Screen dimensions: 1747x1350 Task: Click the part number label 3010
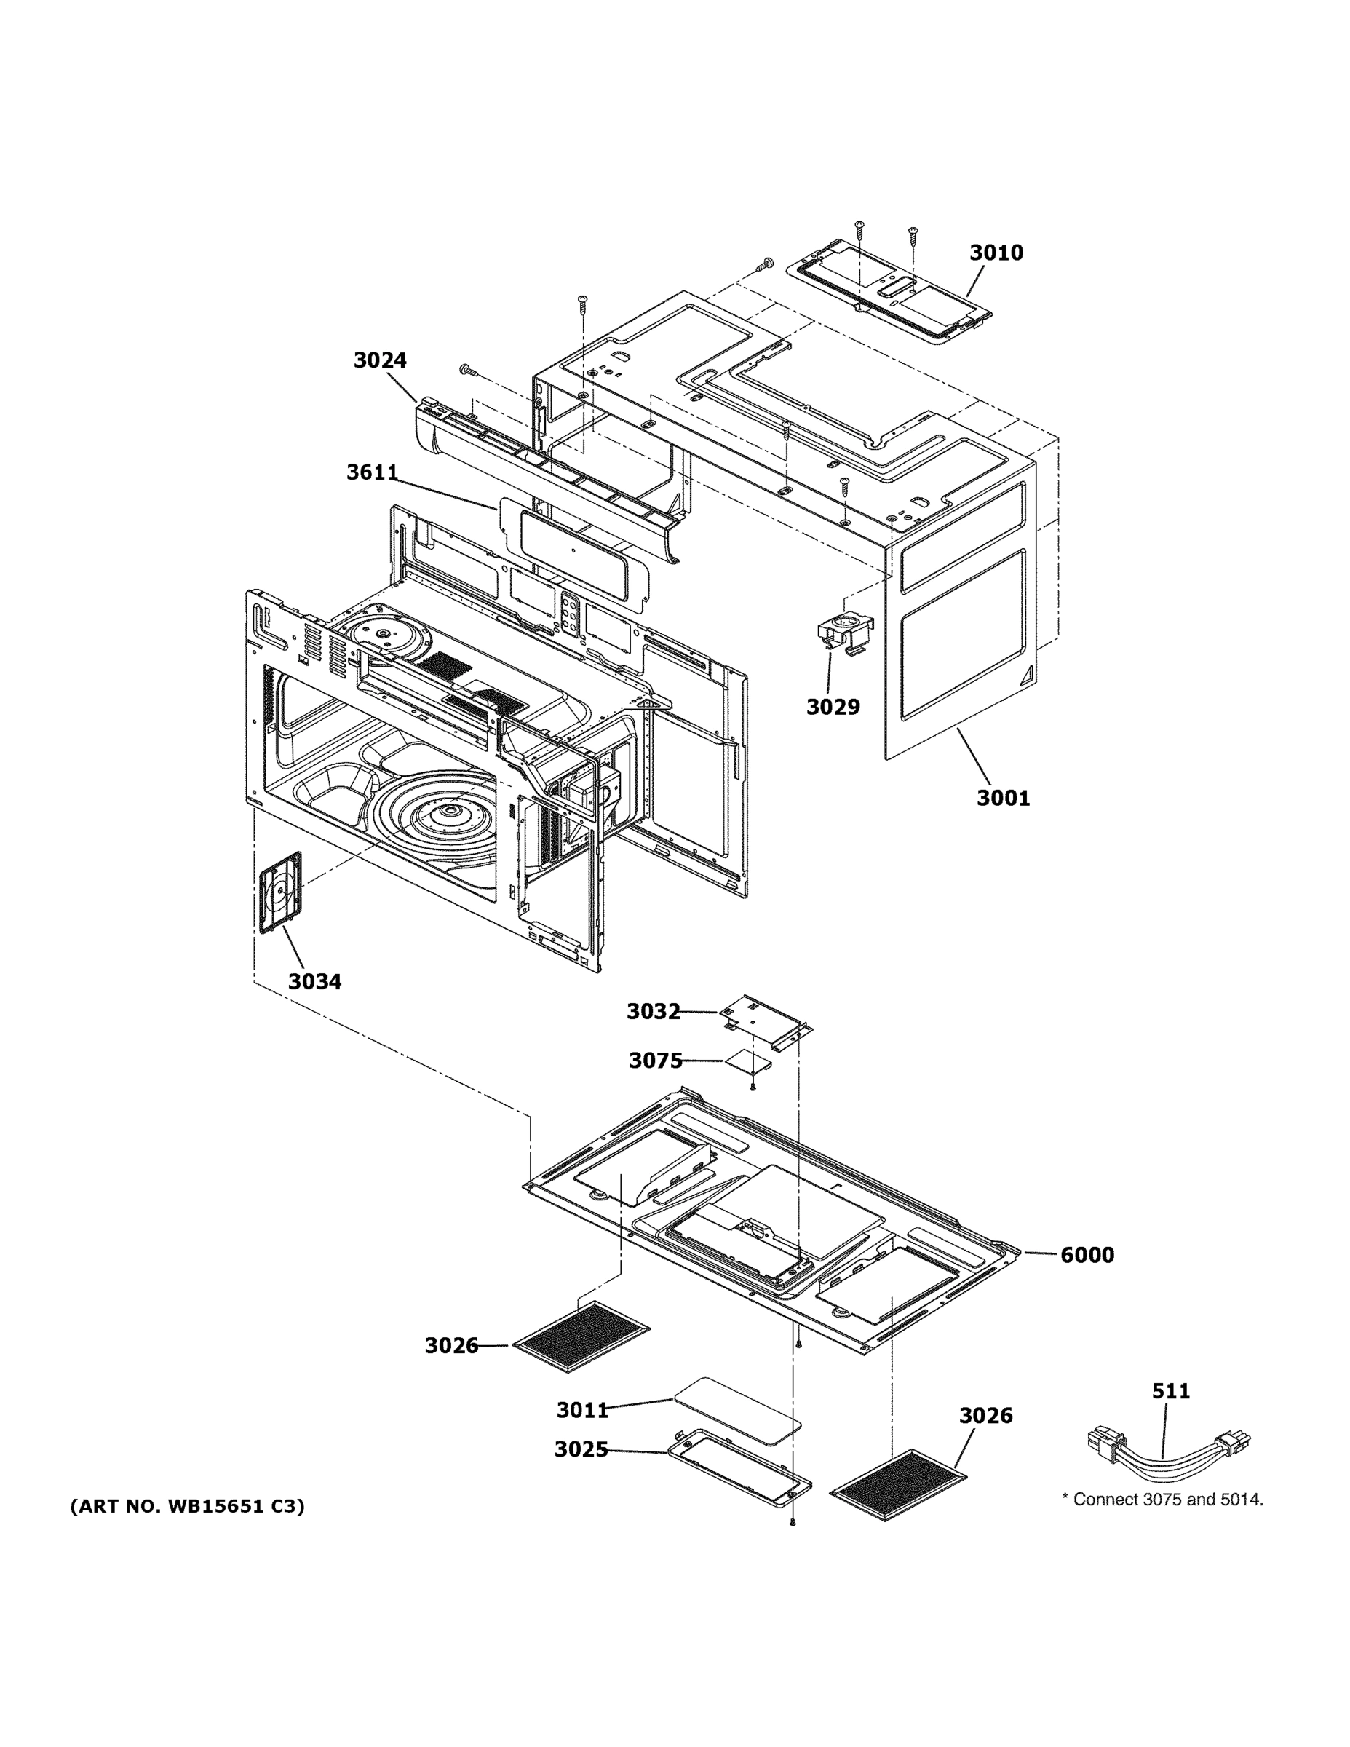(x=996, y=253)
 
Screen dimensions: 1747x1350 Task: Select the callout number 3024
(x=380, y=361)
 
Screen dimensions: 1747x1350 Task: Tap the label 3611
(x=372, y=472)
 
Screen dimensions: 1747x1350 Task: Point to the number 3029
(x=833, y=707)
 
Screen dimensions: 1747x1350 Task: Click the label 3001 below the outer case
(x=1003, y=798)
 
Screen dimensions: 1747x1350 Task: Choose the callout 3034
(x=314, y=981)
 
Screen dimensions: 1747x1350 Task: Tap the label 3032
(x=653, y=1012)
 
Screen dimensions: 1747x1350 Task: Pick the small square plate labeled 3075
(x=749, y=1062)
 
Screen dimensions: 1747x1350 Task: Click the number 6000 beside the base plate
(x=1087, y=1255)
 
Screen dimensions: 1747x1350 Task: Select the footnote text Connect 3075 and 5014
(x=1162, y=1500)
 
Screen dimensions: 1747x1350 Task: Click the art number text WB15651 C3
(x=187, y=1506)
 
